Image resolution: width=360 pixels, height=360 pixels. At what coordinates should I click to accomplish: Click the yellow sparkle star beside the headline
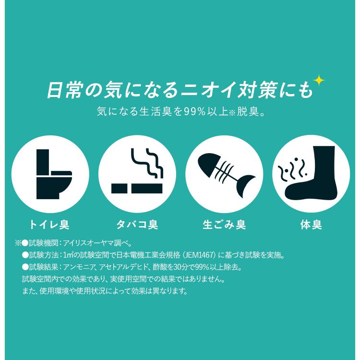pos(318,81)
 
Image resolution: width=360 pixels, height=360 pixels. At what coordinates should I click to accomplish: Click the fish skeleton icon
pos(224,173)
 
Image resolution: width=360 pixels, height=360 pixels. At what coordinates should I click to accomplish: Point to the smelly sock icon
pos(311,174)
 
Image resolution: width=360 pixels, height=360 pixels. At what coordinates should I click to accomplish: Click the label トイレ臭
pos(50,225)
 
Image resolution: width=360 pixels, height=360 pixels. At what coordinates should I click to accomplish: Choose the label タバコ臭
pos(137,225)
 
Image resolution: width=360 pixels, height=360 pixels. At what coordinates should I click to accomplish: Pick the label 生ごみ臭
pos(224,225)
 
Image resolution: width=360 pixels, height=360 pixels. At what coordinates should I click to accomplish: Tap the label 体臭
pos(311,225)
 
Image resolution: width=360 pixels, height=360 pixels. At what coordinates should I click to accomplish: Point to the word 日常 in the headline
pos(64,90)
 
